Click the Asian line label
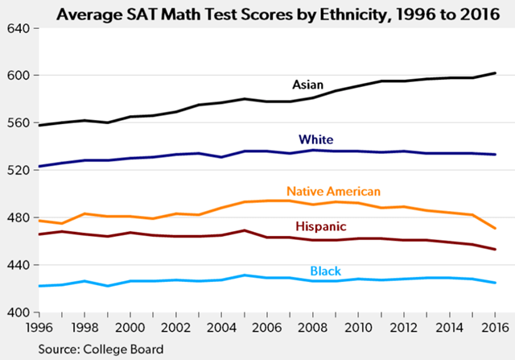(307, 85)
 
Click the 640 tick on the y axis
(18, 28)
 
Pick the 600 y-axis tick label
(18, 76)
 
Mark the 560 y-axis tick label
(18, 123)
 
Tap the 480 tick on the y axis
(18, 217)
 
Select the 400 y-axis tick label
(18, 312)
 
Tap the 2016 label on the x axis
(494, 328)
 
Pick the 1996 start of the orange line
(38, 220)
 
